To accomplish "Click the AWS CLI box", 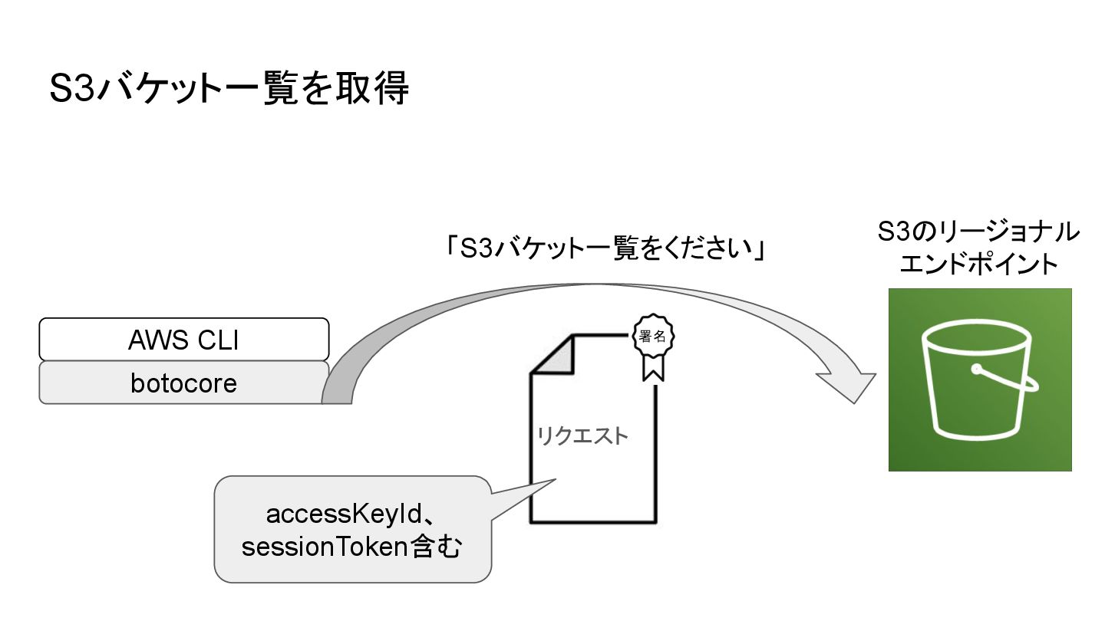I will pyautogui.click(x=184, y=340).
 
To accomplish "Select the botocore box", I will pyautogui.click(x=184, y=383).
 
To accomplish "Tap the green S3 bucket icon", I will pyautogui.click(x=980, y=379).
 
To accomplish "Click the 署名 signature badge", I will pyautogui.click(x=654, y=337).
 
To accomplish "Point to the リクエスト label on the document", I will pyautogui.click(x=582, y=437).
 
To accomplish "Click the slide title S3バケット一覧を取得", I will pyautogui.click(x=229, y=89).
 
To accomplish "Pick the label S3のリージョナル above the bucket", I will pyautogui.click(x=979, y=232).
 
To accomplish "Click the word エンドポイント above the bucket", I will pyautogui.click(x=979, y=265).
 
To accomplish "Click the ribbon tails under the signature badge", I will pyautogui.click(x=654, y=370).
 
